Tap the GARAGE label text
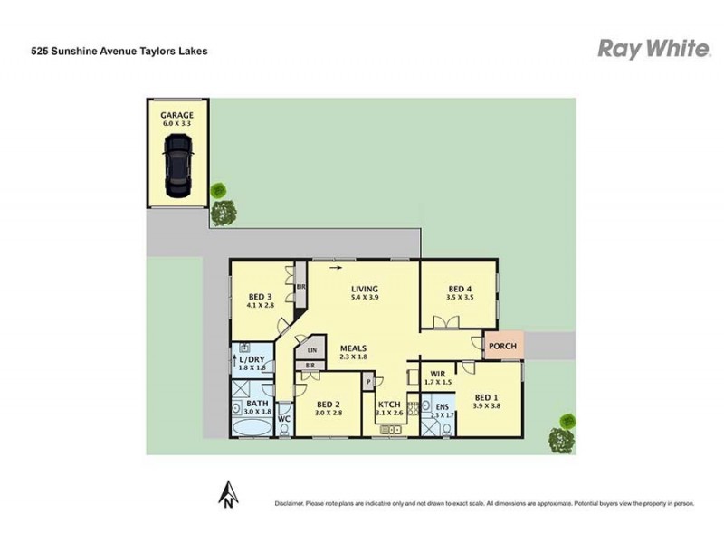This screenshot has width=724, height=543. (x=178, y=116)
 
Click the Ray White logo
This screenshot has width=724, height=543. (x=653, y=49)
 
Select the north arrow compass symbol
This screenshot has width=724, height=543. (x=230, y=493)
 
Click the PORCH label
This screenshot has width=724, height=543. (x=502, y=346)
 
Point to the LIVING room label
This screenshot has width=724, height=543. (x=364, y=289)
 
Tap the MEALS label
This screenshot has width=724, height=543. (x=355, y=348)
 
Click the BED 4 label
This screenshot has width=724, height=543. (x=460, y=287)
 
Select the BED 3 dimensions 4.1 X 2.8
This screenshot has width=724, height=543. (x=261, y=307)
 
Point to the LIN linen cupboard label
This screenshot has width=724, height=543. (x=312, y=349)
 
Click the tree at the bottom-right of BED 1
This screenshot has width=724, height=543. (x=563, y=435)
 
